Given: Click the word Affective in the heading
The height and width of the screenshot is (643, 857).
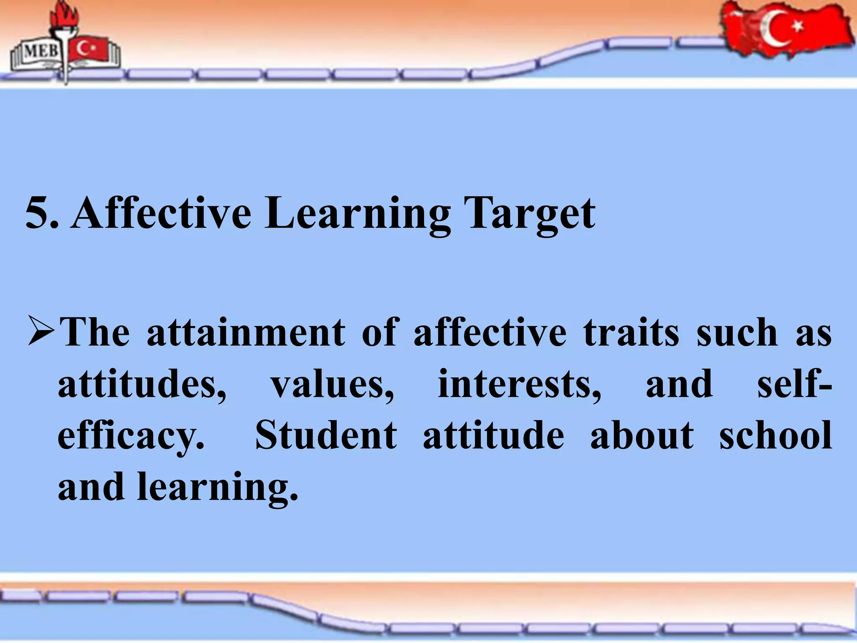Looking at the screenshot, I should [161, 213].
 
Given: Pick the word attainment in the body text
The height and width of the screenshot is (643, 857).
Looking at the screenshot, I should [246, 333].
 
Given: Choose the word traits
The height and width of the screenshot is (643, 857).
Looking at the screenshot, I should [631, 333].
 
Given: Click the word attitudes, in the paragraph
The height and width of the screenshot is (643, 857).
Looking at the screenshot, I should [142, 384].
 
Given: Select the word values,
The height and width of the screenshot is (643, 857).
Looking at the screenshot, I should [333, 384].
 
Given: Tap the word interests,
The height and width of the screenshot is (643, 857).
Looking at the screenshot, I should [519, 384].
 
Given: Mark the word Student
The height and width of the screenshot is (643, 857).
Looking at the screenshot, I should [326, 435].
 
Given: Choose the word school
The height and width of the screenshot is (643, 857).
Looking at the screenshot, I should [775, 435].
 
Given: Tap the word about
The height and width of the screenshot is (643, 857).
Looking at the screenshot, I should [642, 435].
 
